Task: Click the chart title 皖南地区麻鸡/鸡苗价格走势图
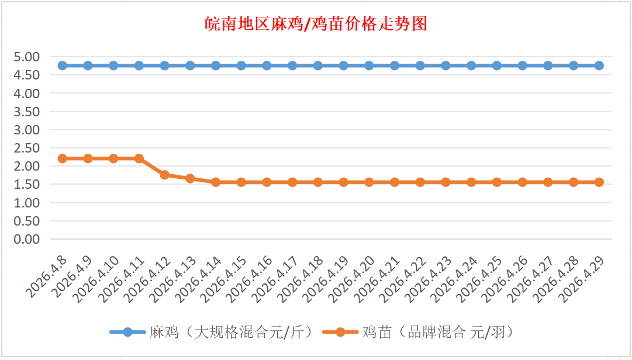tap(316, 24)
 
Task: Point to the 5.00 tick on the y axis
tap(27, 57)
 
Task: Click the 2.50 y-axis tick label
tap(27, 148)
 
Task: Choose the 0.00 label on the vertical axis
tap(27, 239)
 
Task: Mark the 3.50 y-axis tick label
tap(27, 112)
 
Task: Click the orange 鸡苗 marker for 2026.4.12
tap(165, 175)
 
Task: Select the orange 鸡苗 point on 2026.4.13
tap(190, 178)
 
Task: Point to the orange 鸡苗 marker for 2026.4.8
tap(63, 158)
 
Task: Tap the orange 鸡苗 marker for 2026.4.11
tap(139, 158)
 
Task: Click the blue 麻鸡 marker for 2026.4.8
tap(63, 65)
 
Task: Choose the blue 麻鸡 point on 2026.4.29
tap(599, 65)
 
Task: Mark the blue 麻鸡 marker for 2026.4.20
tap(369, 65)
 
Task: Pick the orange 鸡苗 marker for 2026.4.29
tap(599, 182)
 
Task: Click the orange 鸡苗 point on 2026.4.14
tap(216, 182)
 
